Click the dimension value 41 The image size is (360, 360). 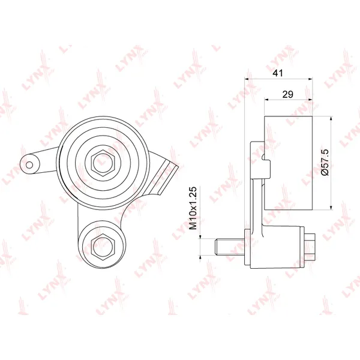coord(278,73)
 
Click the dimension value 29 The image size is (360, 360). coord(287,94)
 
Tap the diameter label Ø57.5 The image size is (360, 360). coord(325,162)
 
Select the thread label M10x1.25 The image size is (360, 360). coord(193,208)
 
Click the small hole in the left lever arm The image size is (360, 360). coord(29,164)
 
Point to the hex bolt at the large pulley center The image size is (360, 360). coord(103,163)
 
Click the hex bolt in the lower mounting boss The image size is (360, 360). coord(103,247)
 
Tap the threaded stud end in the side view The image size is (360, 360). coord(230,247)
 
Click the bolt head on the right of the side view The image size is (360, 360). coord(310,247)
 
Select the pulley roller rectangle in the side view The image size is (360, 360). coord(289,163)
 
